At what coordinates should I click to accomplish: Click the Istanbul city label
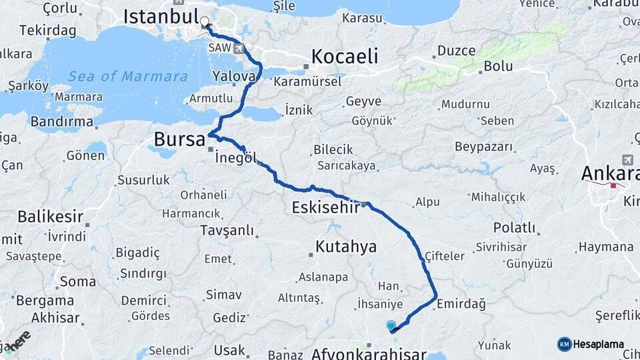[x=161, y=16]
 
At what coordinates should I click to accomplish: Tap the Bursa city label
[x=179, y=139]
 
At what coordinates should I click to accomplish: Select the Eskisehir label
[x=326, y=207]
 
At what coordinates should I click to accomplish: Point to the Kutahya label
[x=346, y=247]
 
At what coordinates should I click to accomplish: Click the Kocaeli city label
[x=345, y=56]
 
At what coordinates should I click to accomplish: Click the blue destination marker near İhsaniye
[x=391, y=325]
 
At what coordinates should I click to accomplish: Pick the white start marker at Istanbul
[x=205, y=21]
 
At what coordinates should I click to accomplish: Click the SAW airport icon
[x=239, y=48]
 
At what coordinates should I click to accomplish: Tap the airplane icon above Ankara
[x=627, y=160]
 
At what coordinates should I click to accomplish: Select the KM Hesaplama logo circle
[x=564, y=344]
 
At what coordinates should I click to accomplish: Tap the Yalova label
[x=234, y=76]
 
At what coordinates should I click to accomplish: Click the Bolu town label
[x=498, y=66]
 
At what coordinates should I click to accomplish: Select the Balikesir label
[x=51, y=216]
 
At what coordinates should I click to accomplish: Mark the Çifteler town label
[x=445, y=255]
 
